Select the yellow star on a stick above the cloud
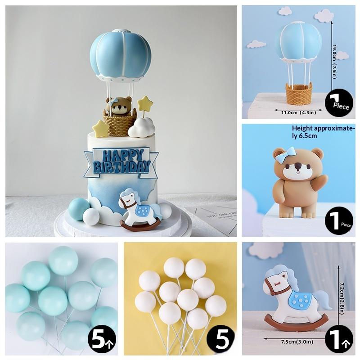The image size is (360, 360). coord(145,103)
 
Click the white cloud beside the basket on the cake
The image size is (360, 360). coord(141,129)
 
